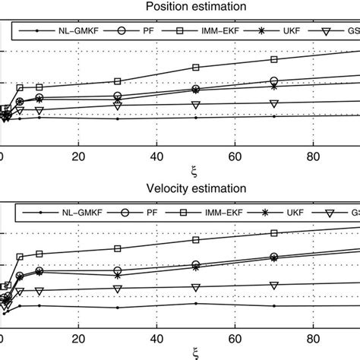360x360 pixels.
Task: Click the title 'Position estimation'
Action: (179, 7)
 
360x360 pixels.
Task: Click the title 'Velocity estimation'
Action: (179, 188)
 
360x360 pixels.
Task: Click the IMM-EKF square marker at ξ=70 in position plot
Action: (274, 59)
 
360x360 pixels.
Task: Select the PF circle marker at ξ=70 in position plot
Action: (274, 81)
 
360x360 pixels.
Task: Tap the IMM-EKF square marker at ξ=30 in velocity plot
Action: (117, 248)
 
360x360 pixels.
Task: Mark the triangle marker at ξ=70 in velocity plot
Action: (274, 285)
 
